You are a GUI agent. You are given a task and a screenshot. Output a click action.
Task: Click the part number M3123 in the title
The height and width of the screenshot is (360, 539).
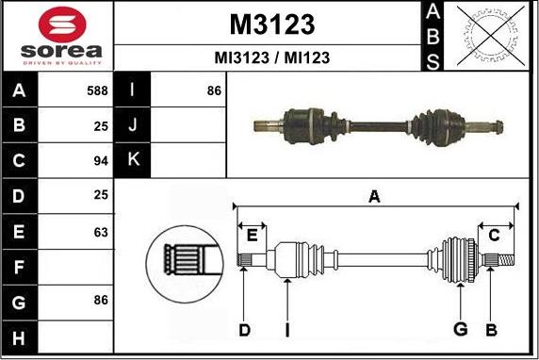click(271, 24)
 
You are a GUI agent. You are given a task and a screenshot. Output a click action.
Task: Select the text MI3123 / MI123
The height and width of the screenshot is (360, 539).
click(271, 57)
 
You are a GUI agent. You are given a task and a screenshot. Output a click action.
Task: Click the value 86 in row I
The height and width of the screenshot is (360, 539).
click(213, 90)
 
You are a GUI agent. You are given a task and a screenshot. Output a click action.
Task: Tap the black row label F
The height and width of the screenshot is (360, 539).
click(20, 266)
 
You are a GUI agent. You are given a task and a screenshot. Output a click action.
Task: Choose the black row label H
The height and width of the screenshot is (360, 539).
click(20, 336)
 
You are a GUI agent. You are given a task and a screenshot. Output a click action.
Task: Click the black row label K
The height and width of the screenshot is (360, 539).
click(132, 160)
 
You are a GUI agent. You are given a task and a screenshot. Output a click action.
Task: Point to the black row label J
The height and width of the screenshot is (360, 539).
click(132, 125)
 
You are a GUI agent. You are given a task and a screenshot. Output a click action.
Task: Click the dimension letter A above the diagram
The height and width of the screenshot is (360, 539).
click(374, 196)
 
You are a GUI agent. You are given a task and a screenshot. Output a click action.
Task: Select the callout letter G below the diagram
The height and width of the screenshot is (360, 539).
click(460, 329)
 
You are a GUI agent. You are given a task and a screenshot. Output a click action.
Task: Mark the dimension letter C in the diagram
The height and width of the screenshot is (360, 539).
click(494, 235)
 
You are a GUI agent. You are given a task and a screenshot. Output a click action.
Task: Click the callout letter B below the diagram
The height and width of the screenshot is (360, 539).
click(491, 329)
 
